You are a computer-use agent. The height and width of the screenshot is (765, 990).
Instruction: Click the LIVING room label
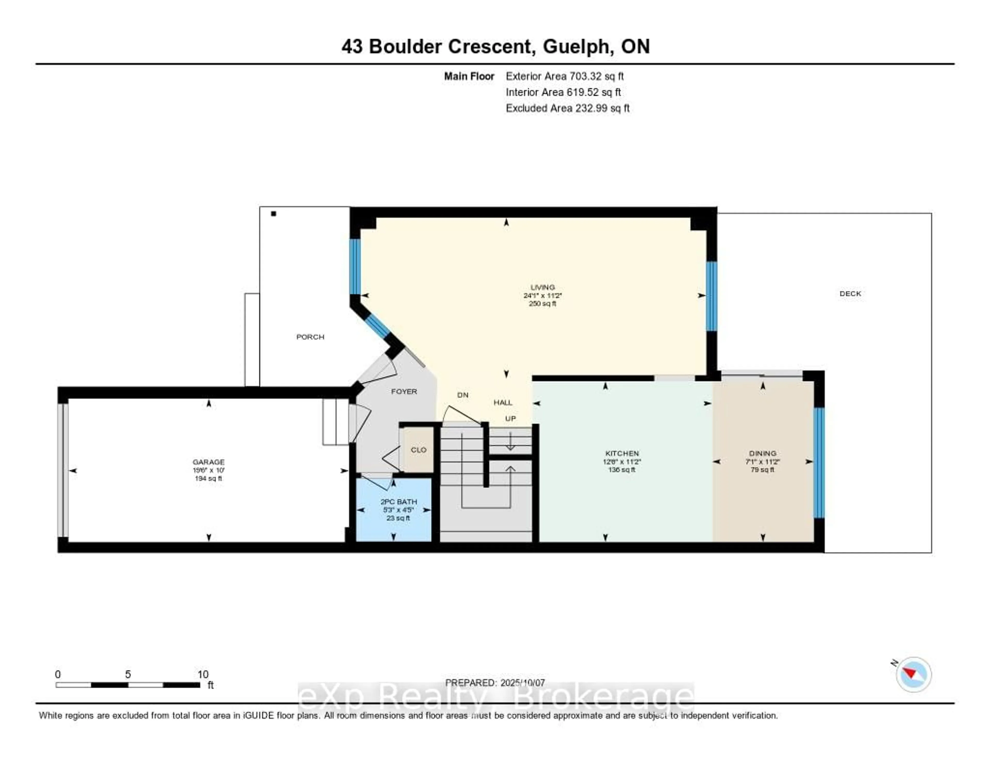[x=543, y=287]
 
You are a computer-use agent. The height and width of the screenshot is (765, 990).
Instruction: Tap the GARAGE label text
[x=209, y=462]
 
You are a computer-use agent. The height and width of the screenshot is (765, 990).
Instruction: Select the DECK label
[x=850, y=294]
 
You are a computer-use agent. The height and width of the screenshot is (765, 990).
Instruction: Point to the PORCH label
[x=310, y=337]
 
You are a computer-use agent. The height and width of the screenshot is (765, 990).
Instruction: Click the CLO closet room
[x=418, y=450]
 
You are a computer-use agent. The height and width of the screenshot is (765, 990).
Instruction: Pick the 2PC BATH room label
[x=398, y=502]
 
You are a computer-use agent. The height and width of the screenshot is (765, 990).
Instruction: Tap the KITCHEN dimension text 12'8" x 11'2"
[x=622, y=462]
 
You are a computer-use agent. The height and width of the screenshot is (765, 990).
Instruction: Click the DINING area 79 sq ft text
[x=762, y=470]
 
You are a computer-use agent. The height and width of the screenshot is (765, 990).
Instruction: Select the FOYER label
[x=404, y=391]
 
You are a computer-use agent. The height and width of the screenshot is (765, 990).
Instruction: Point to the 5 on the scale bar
[x=128, y=674]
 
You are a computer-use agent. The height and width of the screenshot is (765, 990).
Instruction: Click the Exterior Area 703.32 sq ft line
[x=565, y=76]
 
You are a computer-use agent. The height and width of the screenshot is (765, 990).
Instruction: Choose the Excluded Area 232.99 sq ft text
[x=567, y=108]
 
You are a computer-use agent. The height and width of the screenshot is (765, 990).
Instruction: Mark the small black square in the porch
[x=273, y=214]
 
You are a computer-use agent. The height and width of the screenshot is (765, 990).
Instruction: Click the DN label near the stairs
[x=462, y=395]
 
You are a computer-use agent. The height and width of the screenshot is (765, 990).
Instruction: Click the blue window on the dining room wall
[x=819, y=462]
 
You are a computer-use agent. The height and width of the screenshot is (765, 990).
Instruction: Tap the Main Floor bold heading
[x=469, y=76]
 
